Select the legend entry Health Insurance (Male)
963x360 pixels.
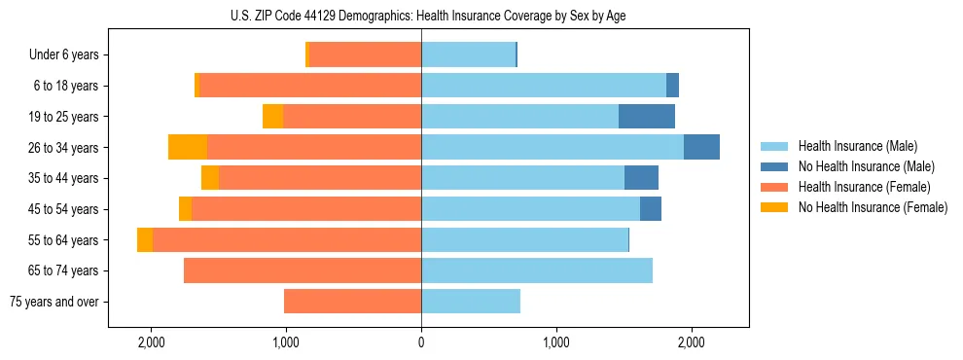pos(852,146)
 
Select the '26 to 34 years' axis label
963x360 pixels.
pos(64,148)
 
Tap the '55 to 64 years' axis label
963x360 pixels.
pos(64,240)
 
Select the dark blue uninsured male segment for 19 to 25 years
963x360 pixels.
pos(647,117)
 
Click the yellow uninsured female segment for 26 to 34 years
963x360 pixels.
pos(188,147)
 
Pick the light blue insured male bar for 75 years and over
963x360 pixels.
pos(471,302)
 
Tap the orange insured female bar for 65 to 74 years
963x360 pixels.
pos(303,270)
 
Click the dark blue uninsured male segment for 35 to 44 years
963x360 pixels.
pos(641,178)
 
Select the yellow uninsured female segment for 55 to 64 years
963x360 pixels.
pos(145,239)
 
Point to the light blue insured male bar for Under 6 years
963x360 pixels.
pos(468,55)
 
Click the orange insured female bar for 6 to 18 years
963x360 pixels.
pos(310,86)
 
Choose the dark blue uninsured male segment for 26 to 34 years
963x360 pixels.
pos(701,147)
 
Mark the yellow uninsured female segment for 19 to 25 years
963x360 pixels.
pos(273,117)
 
